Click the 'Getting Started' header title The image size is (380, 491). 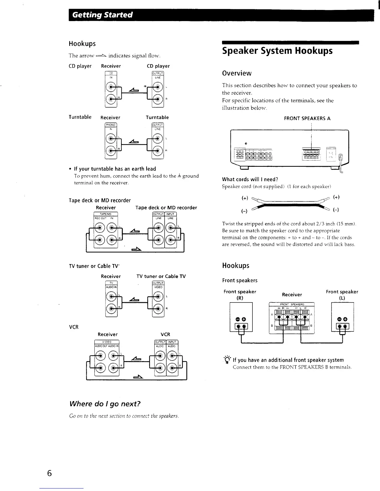pos(102,15)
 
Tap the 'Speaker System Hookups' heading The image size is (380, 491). pos(277,51)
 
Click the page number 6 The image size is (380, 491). pos(49,473)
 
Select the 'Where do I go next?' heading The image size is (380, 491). pos(105,404)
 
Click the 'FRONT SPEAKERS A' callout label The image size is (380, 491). pos(307,118)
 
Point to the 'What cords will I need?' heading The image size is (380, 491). pos(250,179)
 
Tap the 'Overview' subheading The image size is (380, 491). pos(237,73)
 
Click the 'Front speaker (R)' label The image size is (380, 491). pos(240,295)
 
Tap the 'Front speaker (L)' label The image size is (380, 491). pos(342,295)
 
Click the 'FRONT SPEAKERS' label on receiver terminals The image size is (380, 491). pos(292,304)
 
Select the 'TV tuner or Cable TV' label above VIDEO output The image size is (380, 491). pos(161,276)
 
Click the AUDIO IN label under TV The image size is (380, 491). pos(111,287)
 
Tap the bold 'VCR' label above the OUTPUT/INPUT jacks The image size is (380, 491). pos(165,334)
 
